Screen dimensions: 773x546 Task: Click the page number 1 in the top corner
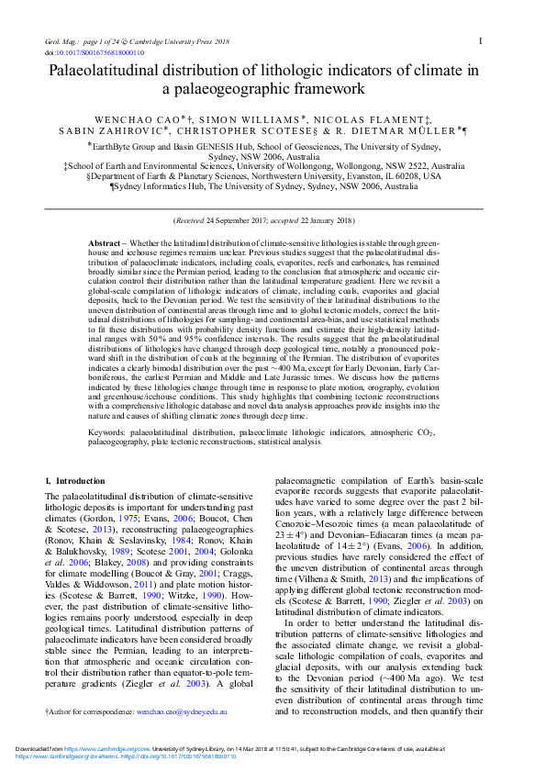click(x=482, y=40)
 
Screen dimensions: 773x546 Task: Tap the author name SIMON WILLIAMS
click(x=260, y=119)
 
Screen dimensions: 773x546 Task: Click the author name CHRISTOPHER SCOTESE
click(x=262, y=131)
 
